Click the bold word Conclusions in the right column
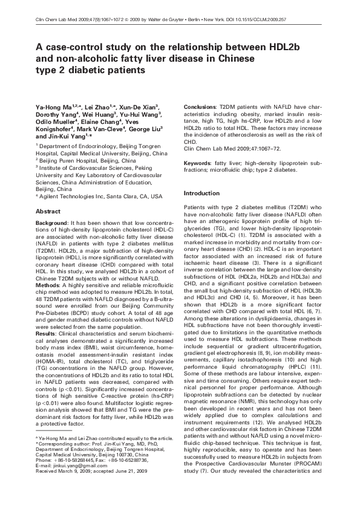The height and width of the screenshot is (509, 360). [199, 106]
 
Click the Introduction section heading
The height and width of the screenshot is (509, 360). [202, 193]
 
